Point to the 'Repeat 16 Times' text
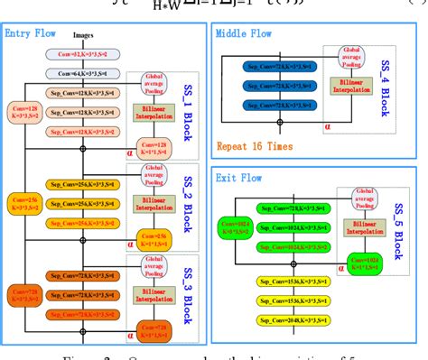(255, 143)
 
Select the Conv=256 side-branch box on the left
(21, 205)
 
